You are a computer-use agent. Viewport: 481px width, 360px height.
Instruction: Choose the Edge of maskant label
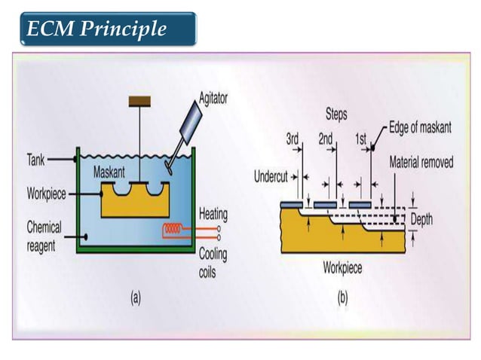click(x=421, y=128)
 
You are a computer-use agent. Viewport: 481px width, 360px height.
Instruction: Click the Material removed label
click(x=421, y=162)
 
